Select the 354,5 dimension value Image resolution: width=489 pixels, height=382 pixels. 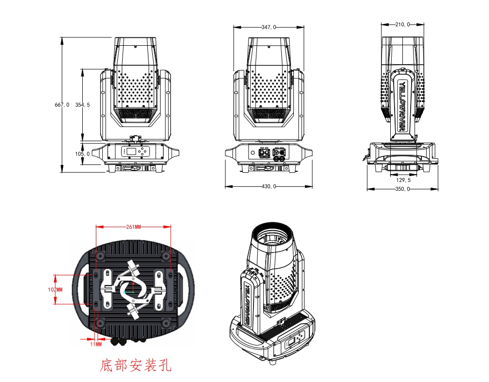(83, 105)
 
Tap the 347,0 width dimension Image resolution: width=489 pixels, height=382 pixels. (269, 27)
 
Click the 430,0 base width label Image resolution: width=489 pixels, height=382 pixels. (269, 186)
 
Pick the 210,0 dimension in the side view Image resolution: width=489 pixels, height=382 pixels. (402, 24)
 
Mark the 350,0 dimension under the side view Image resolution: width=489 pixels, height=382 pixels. (402, 189)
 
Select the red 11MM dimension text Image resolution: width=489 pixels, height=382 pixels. (96, 345)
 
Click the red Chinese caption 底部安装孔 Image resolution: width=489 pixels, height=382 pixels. (135, 365)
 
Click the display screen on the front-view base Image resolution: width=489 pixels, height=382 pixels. (129, 152)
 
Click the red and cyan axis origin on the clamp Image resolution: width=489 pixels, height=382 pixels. (132, 290)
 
